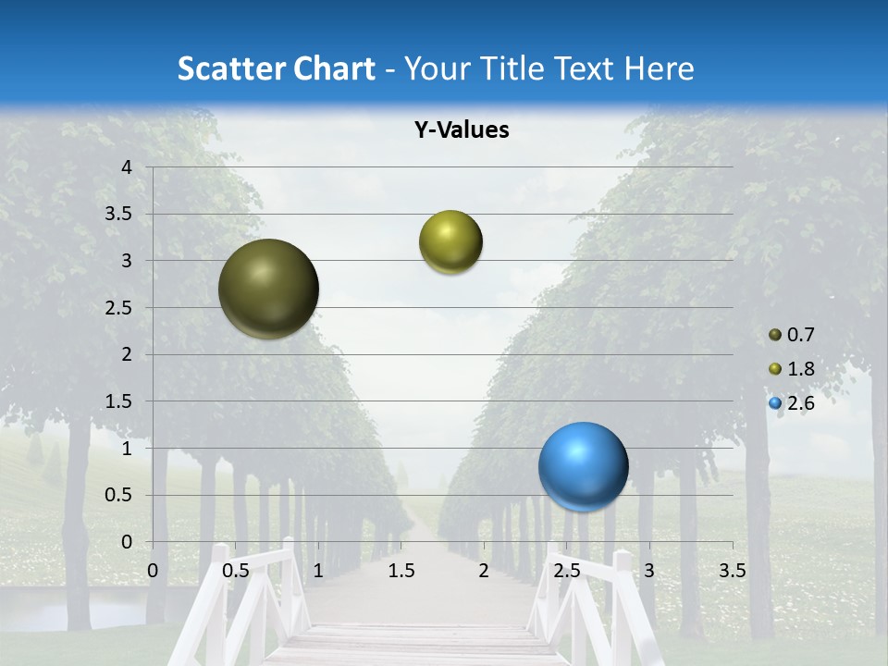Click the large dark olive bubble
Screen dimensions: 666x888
pos(269,289)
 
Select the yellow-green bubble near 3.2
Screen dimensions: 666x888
pos(450,242)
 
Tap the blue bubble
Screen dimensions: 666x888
pos(583,466)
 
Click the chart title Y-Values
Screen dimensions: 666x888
pos(462,130)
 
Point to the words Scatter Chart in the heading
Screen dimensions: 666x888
pos(277,68)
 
